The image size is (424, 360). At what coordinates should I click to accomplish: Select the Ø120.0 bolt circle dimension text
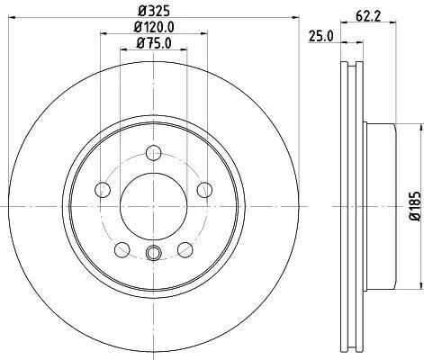click(x=154, y=28)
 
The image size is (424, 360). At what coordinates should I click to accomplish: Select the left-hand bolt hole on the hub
click(x=102, y=189)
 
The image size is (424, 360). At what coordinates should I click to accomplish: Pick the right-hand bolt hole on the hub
click(x=204, y=189)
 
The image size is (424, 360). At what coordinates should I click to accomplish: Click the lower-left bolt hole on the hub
click(x=122, y=249)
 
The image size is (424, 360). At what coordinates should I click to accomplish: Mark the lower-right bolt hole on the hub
click(x=185, y=249)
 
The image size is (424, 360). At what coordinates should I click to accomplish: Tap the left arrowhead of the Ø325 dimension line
click(x=18, y=22)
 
